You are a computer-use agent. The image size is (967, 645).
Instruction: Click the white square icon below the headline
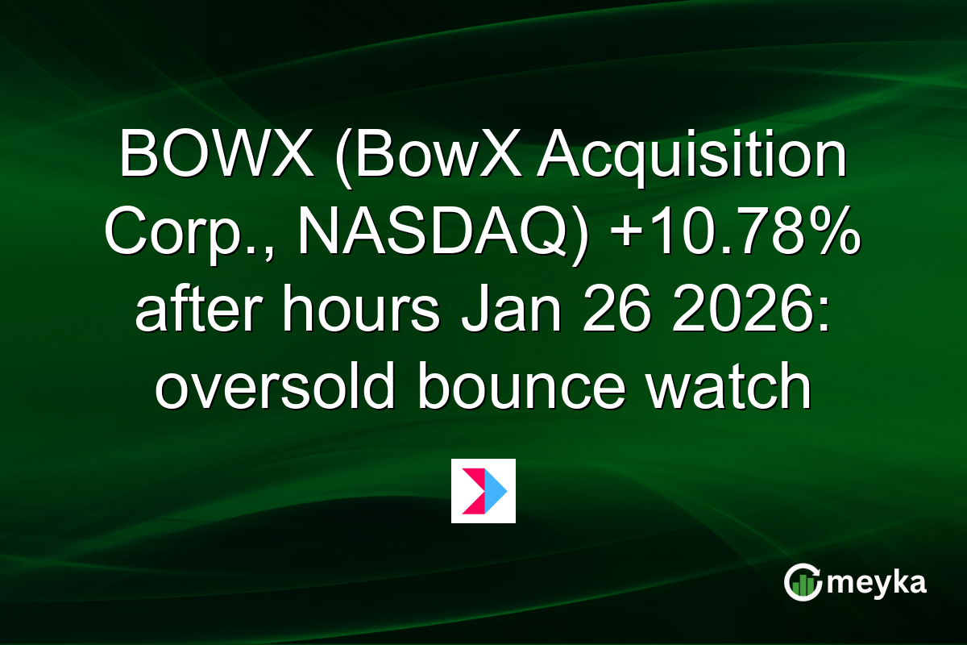[x=483, y=491]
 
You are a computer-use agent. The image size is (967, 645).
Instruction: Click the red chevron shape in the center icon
[x=472, y=490]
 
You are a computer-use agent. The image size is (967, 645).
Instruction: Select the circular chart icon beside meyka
[x=803, y=583]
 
